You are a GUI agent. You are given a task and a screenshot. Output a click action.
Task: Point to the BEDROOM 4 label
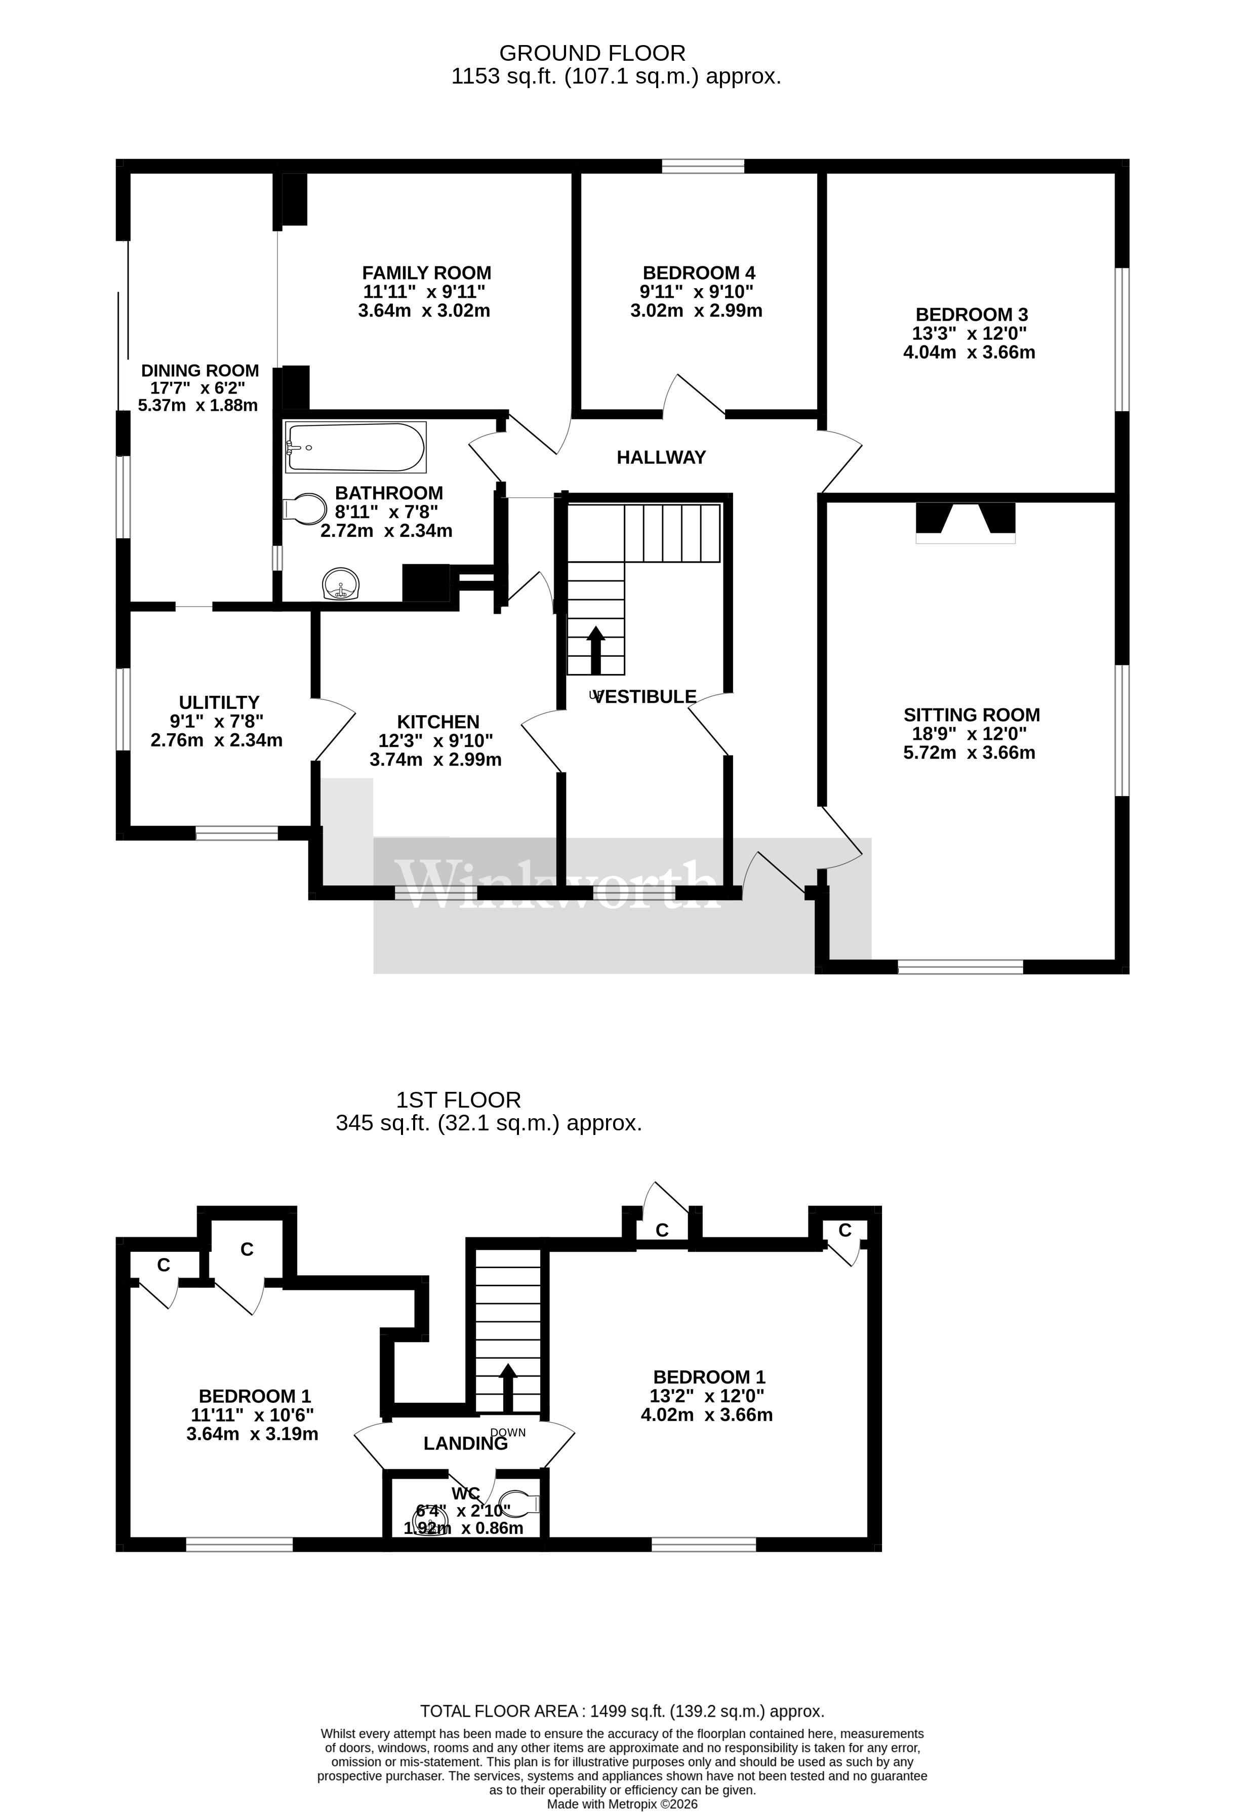pos(698,273)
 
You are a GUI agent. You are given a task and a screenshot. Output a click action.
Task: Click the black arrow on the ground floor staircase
pos(595,649)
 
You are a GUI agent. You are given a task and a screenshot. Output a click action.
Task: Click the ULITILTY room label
pos(218,702)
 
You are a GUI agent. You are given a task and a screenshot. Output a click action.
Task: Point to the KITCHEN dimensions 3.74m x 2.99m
pos(435,760)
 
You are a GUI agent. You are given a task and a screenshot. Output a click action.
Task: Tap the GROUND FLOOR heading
pos(592,53)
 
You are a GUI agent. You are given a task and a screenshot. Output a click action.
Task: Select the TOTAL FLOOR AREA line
pos(622,1711)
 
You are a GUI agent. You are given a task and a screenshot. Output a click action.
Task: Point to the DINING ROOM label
pos(199,371)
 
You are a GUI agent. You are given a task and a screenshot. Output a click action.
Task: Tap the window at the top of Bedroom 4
pos(702,166)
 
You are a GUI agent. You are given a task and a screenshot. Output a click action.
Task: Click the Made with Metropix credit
pos(622,1804)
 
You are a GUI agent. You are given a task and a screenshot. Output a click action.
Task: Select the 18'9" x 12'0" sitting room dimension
pos(969,733)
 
